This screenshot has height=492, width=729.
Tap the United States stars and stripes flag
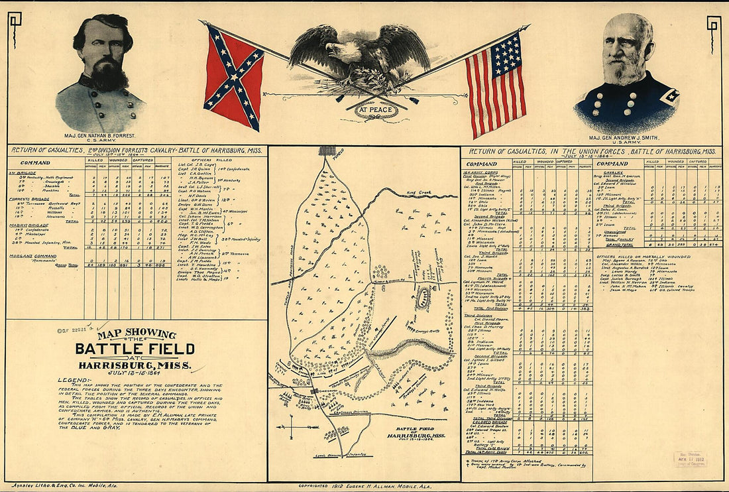[x=496, y=82]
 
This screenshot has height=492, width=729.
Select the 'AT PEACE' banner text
[x=376, y=109]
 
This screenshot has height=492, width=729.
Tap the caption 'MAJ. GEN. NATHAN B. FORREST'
[x=97, y=136]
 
